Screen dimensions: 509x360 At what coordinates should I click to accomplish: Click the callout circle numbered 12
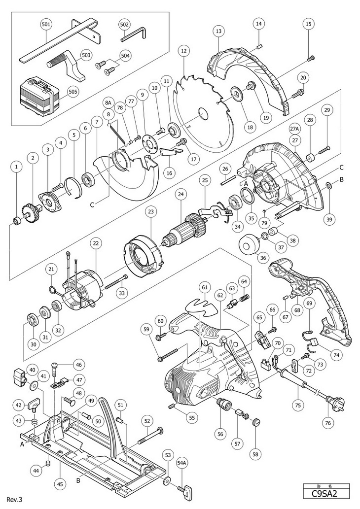pos(184,51)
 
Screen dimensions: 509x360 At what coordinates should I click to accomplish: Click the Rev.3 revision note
pos(15,499)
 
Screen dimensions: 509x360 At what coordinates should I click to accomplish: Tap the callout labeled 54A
pos(182,464)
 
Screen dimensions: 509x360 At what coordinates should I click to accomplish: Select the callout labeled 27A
pos(294,129)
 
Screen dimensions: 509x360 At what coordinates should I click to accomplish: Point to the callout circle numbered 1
pos(17,168)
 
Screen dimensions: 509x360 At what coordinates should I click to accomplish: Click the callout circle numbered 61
pos(205,286)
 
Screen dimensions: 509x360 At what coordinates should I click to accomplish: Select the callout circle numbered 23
pos(150,212)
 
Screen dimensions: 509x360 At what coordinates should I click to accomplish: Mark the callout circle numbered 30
pos(33,344)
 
